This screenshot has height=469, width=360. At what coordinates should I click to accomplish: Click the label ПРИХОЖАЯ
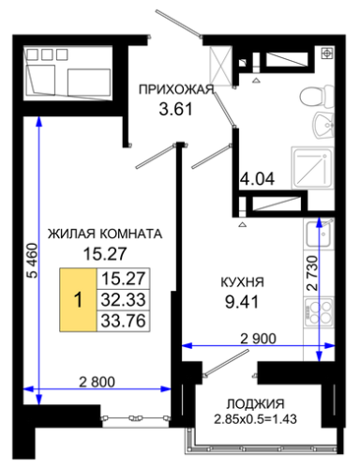tap(176, 90)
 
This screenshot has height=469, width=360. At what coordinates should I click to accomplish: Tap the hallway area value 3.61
tap(175, 110)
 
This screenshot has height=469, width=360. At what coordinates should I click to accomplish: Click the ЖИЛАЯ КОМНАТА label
tap(105, 234)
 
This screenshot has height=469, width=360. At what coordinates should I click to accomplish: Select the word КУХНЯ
tap(243, 282)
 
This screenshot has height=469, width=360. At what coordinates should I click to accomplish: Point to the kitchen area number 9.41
tap(242, 302)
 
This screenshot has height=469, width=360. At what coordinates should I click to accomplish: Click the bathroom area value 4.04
tap(258, 179)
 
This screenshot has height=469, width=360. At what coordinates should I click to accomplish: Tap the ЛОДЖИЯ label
tap(255, 404)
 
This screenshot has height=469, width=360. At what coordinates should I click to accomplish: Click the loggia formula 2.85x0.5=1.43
tap(255, 419)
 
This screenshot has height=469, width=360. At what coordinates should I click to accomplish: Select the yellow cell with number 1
tap(78, 299)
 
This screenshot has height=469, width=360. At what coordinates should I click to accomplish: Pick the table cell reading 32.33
tap(124, 299)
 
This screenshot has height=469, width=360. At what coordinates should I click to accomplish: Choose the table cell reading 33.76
tap(124, 321)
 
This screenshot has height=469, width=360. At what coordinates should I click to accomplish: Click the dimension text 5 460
tap(33, 261)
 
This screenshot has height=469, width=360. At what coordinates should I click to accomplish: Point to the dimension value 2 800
tap(97, 382)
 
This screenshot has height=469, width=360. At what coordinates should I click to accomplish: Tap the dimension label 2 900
tap(258, 339)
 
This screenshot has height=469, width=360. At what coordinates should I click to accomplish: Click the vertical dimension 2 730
tap(312, 273)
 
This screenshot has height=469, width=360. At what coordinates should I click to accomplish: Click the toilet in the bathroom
tap(317, 97)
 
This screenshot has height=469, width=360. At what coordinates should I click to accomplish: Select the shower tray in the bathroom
tap(312, 168)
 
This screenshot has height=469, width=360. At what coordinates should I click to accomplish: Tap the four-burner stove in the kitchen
tap(320, 312)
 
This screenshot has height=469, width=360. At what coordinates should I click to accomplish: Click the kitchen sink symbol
tap(319, 234)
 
